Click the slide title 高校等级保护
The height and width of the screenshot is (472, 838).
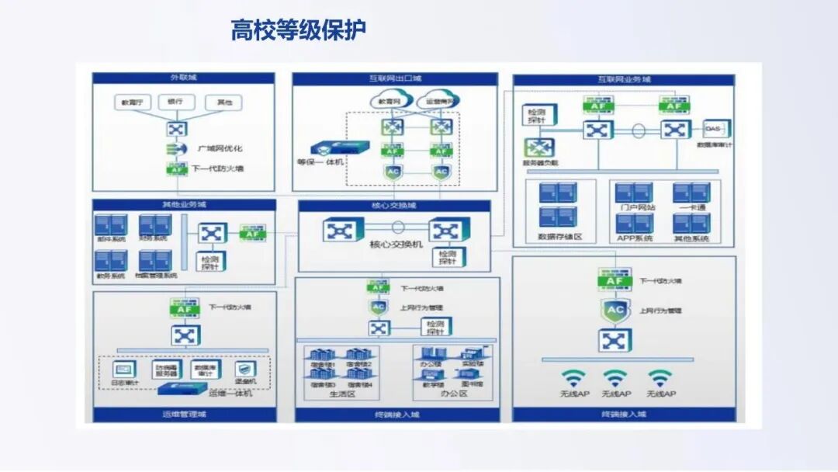[x=298, y=31]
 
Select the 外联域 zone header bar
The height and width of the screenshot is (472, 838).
[x=183, y=78]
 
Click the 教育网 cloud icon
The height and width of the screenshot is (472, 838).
[x=389, y=101]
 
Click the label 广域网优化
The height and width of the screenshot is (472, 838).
[x=220, y=148]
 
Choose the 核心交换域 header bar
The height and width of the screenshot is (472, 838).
[x=394, y=206]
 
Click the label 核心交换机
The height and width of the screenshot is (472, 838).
[x=396, y=245]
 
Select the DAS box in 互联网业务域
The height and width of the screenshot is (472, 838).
[x=713, y=128]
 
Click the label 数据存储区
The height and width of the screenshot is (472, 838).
[x=559, y=237]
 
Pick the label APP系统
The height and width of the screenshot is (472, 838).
[x=635, y=238]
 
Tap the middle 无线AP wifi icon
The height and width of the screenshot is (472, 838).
[x=615, y=378]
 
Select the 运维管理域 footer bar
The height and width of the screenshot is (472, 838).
[x=184, y=415]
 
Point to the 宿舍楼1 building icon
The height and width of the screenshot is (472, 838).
[x=320, y=356]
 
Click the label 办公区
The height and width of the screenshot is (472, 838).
[x=452, y=394]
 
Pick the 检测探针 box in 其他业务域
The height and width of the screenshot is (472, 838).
[x=210, y=262]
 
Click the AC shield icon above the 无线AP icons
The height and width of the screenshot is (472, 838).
[x=615, y=311]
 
